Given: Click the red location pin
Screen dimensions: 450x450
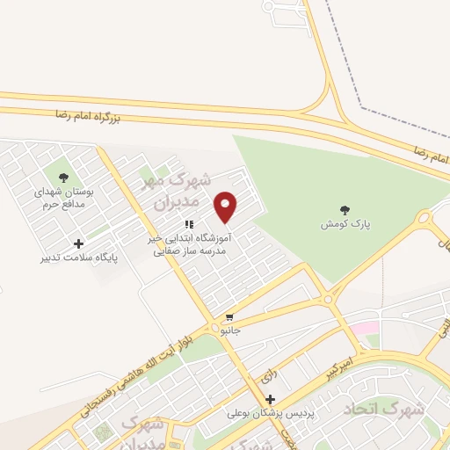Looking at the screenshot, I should coord(226,207).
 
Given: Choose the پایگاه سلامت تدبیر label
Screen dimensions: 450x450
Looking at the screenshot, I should coord(79,258).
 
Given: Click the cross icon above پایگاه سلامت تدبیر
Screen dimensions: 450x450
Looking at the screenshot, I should coord(79,243).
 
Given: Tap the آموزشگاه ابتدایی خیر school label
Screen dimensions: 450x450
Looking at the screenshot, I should coord(190,244).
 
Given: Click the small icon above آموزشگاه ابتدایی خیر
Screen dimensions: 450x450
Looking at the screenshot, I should coord(189,224).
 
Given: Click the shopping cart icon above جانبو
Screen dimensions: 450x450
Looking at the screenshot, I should coord(229,317).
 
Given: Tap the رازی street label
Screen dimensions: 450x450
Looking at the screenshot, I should coord(266,374).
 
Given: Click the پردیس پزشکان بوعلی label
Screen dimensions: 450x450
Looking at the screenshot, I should coord(271,413).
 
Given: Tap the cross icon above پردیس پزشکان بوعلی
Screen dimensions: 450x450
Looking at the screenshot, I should coord(271,399).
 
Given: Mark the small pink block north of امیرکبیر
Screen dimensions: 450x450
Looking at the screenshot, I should coord(361,328).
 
